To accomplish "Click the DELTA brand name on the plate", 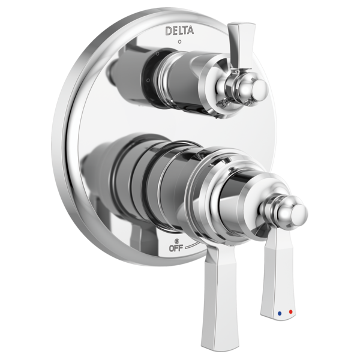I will (179, 30).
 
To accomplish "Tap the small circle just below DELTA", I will (179, 41).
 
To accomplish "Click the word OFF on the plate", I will (176, 247).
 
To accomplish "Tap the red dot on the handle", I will (292, 312).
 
